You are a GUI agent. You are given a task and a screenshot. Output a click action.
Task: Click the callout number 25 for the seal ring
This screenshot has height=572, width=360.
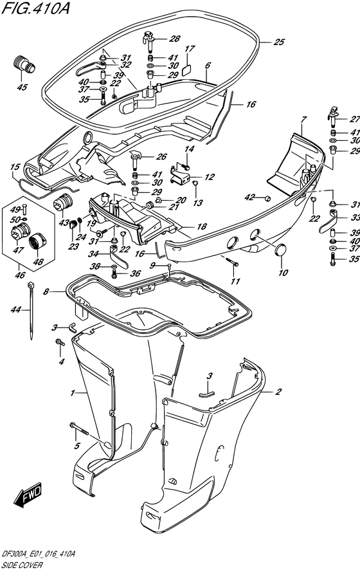click(x=278, y=42)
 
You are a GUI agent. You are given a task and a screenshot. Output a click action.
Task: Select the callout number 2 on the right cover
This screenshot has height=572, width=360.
click(x=278, y=391)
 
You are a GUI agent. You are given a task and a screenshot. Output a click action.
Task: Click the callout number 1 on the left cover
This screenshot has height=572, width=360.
click(x=73, y=392)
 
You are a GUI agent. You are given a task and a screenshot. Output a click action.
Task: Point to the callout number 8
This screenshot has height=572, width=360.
click(x=46, y=293)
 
